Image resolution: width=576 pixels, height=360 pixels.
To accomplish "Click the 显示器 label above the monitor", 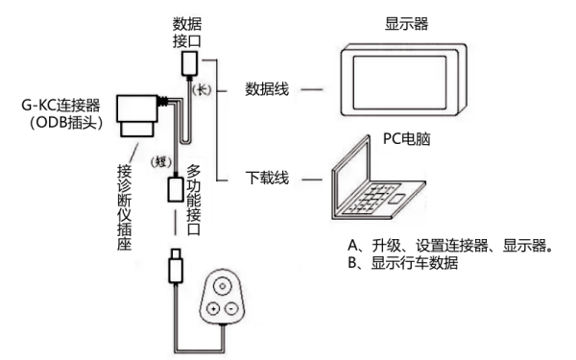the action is (x=406, y=24).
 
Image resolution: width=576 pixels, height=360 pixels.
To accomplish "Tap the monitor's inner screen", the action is (x=399, y=83).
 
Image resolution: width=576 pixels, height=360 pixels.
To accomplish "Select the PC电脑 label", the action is (x=406, y=139).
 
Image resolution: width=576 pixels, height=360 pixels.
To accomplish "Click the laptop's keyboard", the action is (x=371, y=199).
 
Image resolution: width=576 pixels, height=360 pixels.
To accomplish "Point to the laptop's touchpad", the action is (x=397, y=199).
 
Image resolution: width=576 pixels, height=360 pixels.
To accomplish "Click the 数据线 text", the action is (x=267, y=89).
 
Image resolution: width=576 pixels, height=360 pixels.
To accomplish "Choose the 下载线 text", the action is (x=267, y=178).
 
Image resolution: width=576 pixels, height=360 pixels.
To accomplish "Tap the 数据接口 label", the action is (x=187, y=33).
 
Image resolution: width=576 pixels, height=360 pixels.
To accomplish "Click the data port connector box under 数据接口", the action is (x=189, y=63).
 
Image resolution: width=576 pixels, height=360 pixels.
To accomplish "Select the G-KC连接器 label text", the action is (x=60, y=106).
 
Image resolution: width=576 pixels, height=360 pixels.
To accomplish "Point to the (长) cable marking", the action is (x=202, y=90).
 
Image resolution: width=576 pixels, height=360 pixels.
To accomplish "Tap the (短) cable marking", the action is (x=161, y=161).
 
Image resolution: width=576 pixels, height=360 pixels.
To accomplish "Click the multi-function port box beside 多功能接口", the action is (x=176, y=189).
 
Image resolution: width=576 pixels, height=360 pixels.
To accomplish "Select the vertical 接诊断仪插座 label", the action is (x=124, y=207).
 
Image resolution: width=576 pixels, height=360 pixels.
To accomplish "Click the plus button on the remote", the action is (x=213, y=308).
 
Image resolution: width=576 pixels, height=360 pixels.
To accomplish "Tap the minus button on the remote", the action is (x=231, y=308).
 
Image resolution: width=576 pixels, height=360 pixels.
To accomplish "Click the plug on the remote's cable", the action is (x=176, y=266).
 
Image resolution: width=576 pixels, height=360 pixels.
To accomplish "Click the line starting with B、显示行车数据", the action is (x=402, y=263).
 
